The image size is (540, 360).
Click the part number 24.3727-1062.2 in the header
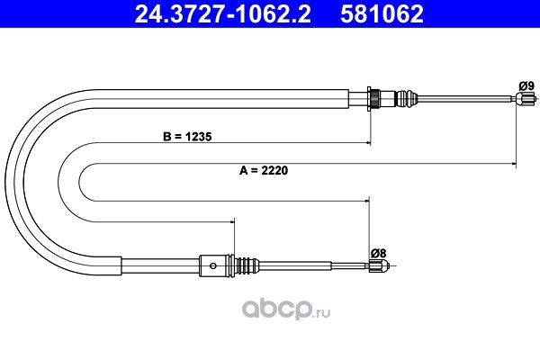point(222,13)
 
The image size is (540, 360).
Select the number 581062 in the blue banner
point(382,13)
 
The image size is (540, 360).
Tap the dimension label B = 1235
point(187,137)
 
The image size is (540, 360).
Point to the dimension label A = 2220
point(264,170)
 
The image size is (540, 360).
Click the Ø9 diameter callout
point(526,85)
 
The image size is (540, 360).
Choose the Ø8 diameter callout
point(379,253)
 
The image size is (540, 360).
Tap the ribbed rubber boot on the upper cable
point(407,99)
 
